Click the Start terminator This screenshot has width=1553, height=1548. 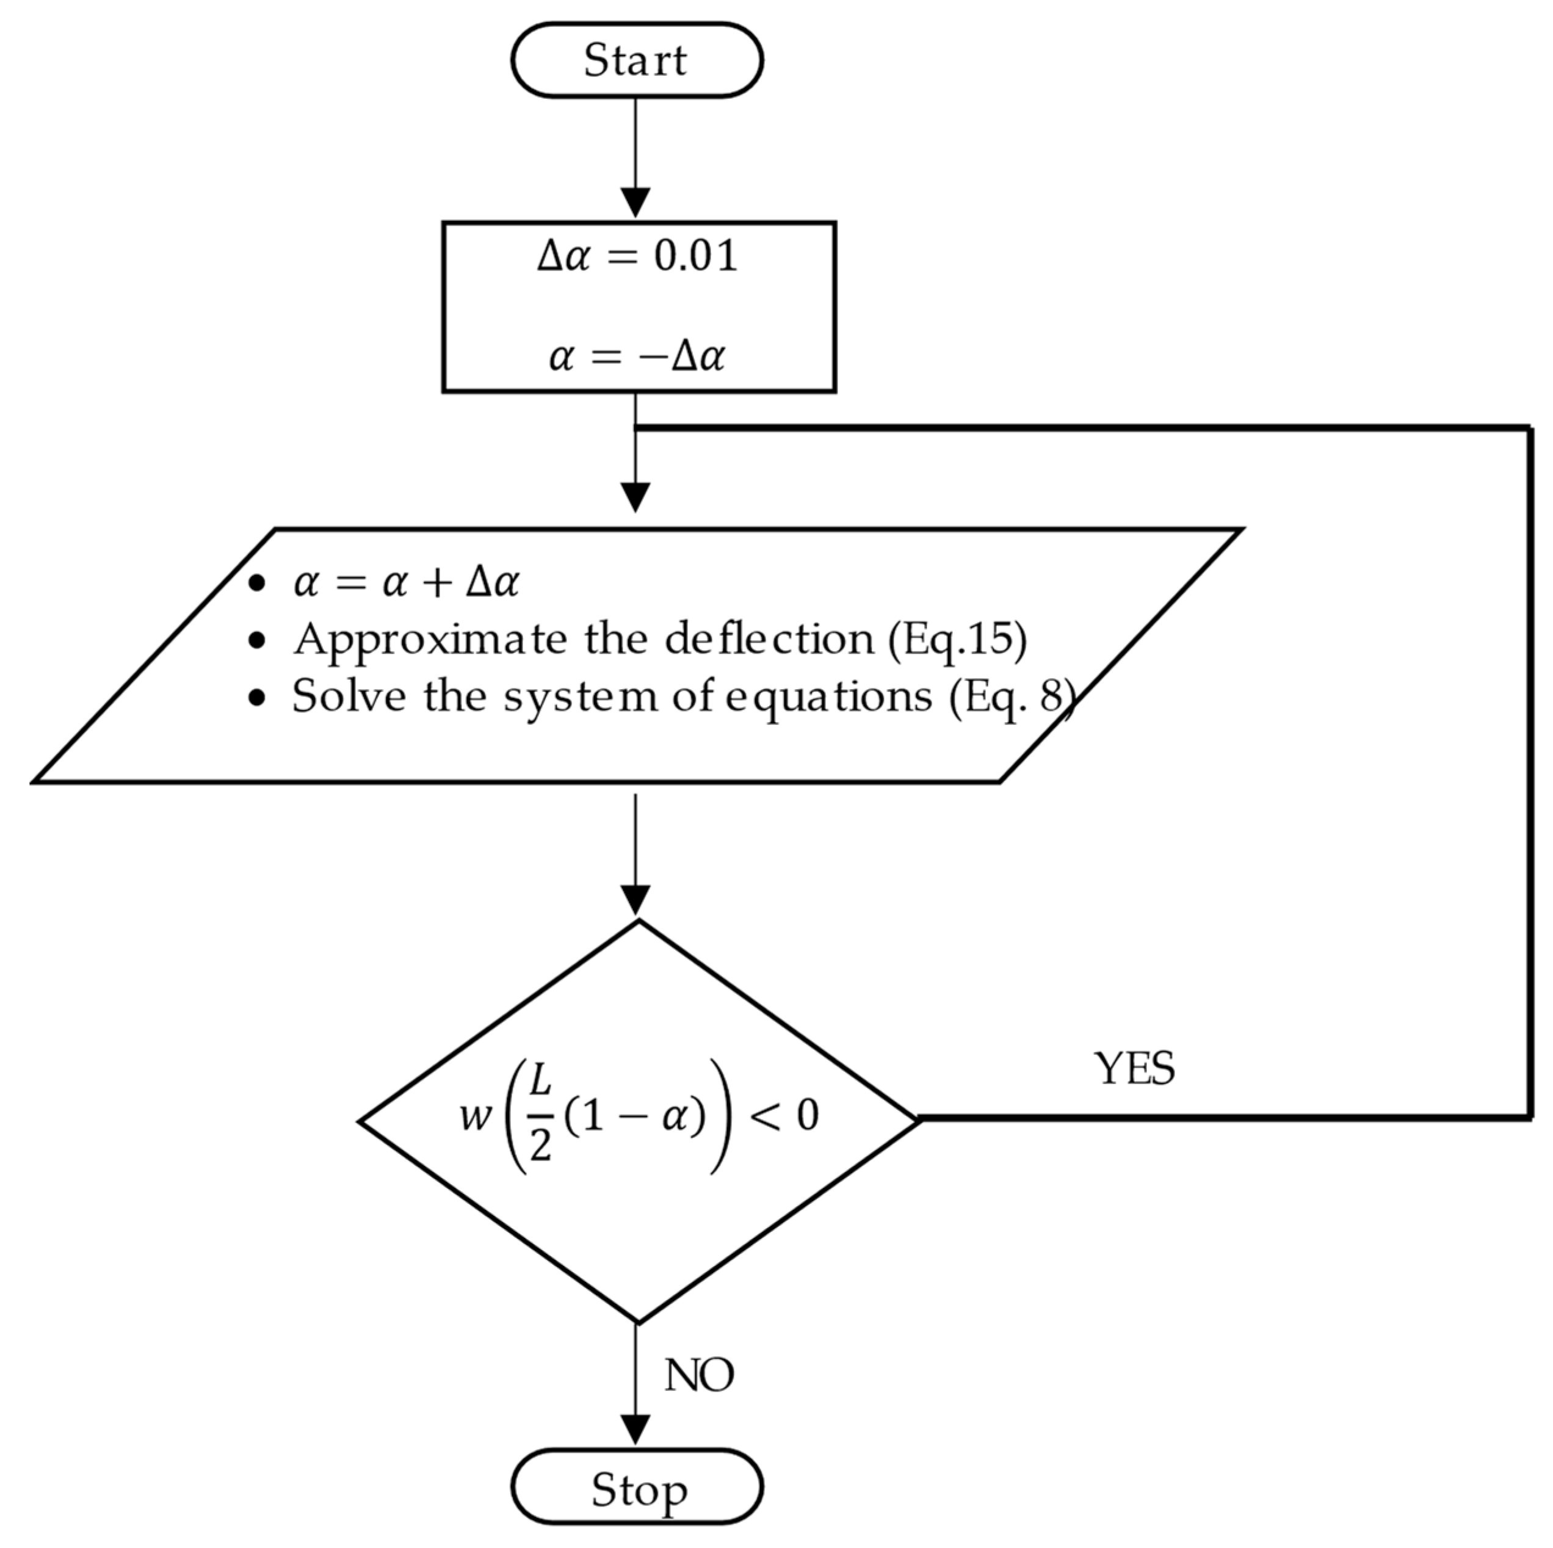[636, 60]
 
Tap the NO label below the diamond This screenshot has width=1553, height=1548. [698, 1375]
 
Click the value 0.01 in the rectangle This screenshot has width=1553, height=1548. [695, 256]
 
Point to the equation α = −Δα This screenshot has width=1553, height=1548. [637, 356]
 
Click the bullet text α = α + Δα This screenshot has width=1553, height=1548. [406, 582]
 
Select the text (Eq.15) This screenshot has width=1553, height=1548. [957, 640]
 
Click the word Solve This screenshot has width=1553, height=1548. [349, 696]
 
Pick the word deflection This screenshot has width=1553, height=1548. [769, 640]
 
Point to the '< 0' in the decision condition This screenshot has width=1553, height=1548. [784, 1116]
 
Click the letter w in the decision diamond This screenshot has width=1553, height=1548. [475, 1116]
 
